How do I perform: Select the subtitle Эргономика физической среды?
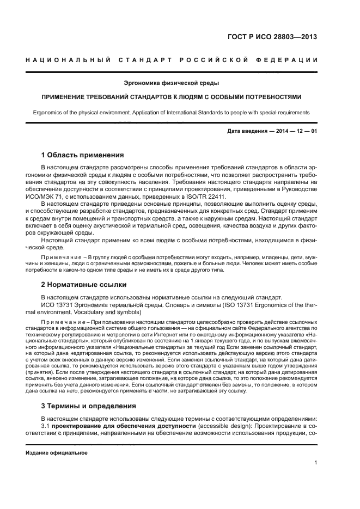(x=172, y=83)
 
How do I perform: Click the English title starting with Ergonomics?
(x=172, y=112)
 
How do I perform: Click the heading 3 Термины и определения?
(x=89, y=406)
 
